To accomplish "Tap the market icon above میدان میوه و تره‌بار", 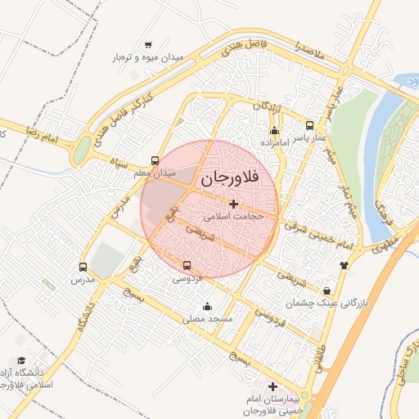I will (x=148, y=45).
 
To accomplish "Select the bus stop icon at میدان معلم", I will (x=155, y=160).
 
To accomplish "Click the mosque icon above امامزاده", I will (x=274, y=130).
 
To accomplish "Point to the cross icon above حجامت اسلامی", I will (x=234, y=204).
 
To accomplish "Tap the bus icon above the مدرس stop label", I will (x=83, y=267).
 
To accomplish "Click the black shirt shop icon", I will (x=344, y=264).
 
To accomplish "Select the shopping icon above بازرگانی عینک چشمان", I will (x=327, y=291).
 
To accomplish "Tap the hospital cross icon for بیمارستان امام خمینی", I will (x=273, y=386).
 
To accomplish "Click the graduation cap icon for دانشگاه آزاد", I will (x=21, y=360).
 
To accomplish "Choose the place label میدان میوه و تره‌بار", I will (x=148, y=58).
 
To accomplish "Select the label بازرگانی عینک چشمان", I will (x=327, y=304).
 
